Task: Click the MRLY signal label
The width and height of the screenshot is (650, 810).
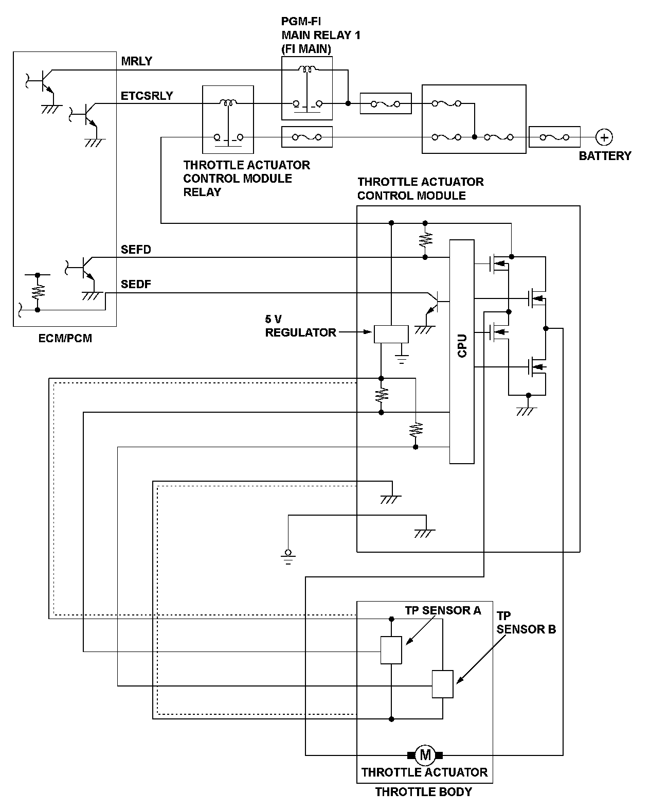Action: pyautogui.click(x=136, y=61)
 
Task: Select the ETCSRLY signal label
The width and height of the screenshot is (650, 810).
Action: pyautogui.click(x=147, y=96)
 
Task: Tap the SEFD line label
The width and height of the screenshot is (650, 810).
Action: pyautogui.click(x=136, y=250)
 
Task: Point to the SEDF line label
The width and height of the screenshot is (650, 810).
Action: pyautogui.click(x=136, y=284)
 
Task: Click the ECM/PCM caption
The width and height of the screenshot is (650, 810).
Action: pyautogui.click(x=65, y=339)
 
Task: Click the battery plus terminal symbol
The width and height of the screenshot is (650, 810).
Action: pyautogui.click(x=604, y=137)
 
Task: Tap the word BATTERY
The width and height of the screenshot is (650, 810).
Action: pyautogui.click(x=605, y=156)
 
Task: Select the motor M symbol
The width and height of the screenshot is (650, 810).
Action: pyautogui.click(x=425, y=755)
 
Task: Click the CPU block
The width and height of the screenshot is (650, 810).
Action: pyautogui.click(x=462, y=351)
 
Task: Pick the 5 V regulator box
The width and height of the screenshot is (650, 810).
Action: pyautogui.click(x=391, y=334)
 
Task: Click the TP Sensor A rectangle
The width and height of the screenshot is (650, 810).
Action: pyautogui.click(x=391, y=650)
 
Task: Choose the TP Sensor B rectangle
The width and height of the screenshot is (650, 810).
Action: pyautogui.click(x=442, y=684)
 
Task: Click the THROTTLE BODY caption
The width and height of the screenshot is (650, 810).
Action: pyautogui.click(x=423, y=792)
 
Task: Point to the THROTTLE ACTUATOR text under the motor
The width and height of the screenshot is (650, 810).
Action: pyautogui.click(x=424, y=772)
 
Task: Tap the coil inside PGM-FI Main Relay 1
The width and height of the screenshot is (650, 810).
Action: pyautogui.click(x=308, y=69)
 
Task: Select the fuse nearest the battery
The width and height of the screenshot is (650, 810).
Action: pyautogui.click(x=554, y=137)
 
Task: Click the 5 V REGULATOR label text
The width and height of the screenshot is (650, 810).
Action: pyautogui.click(x=300, y=326)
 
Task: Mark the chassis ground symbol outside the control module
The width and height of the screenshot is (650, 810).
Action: pyautogui.click(x=288, y=556)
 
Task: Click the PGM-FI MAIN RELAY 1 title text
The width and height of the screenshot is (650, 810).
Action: pyautogui.click(x=320, y=36)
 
